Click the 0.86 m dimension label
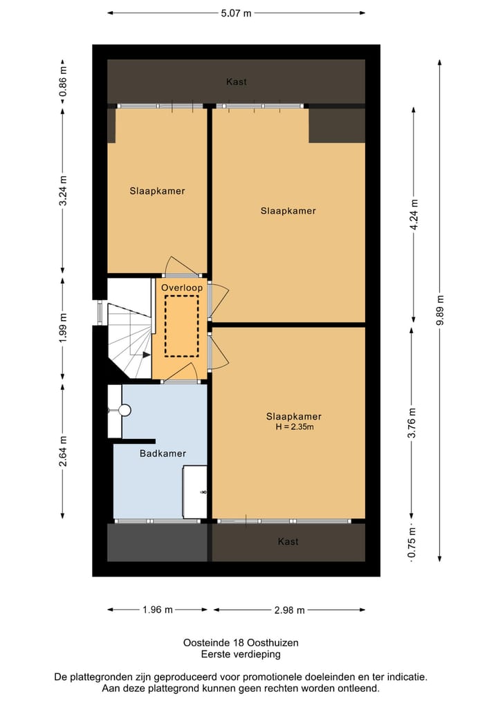tap(63, 82)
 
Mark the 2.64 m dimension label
tap(63, 449)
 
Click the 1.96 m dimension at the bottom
tap(157, 610)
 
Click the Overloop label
tap(181, 287)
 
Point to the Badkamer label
tap(163, 453)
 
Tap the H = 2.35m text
tap(295, 427)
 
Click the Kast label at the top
tap(237, 82)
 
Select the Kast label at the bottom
tap(288, 541)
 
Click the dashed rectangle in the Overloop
tap(182, 325)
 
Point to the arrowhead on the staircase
tap(146, 355)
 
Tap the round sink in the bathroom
tap(124, 411)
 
